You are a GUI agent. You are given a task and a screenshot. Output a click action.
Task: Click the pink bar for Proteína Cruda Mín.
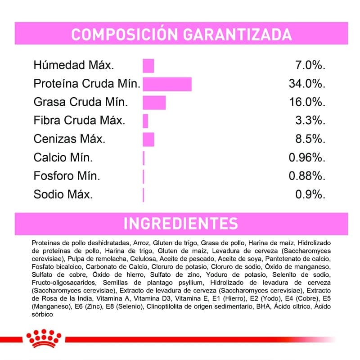[x=167, y=84]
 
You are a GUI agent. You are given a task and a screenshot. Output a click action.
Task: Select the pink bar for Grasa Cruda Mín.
[x=154, y=103]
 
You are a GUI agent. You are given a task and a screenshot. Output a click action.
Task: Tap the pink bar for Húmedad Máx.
[x=148, y=66]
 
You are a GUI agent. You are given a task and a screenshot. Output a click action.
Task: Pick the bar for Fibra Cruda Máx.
[x=145, y=121]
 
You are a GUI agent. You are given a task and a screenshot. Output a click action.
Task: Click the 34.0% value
[x=306, y=84]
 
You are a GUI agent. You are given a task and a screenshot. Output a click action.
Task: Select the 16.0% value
[x=306, y=103]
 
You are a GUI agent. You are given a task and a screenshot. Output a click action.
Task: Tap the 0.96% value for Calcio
[x=306, y=157]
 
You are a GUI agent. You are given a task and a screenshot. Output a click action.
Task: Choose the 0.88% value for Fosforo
[x=306, y=176]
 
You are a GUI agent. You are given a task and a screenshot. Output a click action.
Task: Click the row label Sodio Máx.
[x=63, y=195]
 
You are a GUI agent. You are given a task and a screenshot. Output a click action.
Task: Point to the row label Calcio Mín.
[x=63, y=157]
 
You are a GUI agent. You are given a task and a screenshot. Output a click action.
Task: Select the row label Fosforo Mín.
[x=67, y=176]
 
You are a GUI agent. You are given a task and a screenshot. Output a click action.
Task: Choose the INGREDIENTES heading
[x=180, y=224]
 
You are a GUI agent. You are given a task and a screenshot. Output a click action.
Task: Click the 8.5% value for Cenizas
[x=310, y=139]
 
